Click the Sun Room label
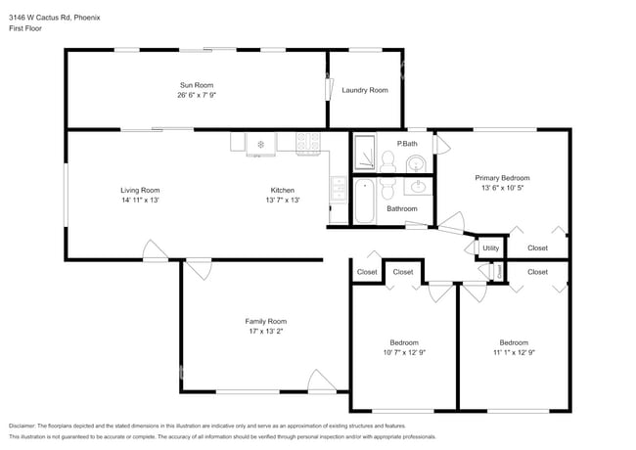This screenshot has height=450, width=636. point(196,85)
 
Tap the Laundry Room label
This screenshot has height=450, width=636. point(365,90)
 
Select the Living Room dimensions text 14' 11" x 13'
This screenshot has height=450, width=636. point(140,200)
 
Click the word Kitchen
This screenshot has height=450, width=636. point(283,190)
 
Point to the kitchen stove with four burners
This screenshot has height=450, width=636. point(309,143)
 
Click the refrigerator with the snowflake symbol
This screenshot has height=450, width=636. point(261,144)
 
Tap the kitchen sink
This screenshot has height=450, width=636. point(338,188)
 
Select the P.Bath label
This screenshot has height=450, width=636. point(408,144)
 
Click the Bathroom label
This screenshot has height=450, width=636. point(402,208)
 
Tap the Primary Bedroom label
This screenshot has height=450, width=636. point(502,178)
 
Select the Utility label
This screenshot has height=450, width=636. point(490,247)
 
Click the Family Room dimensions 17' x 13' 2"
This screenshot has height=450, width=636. point(265,332)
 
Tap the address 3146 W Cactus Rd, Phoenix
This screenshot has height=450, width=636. point(55,17)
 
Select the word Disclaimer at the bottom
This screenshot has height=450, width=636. point(22,426)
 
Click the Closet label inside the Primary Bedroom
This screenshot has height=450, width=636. point(537,247)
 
